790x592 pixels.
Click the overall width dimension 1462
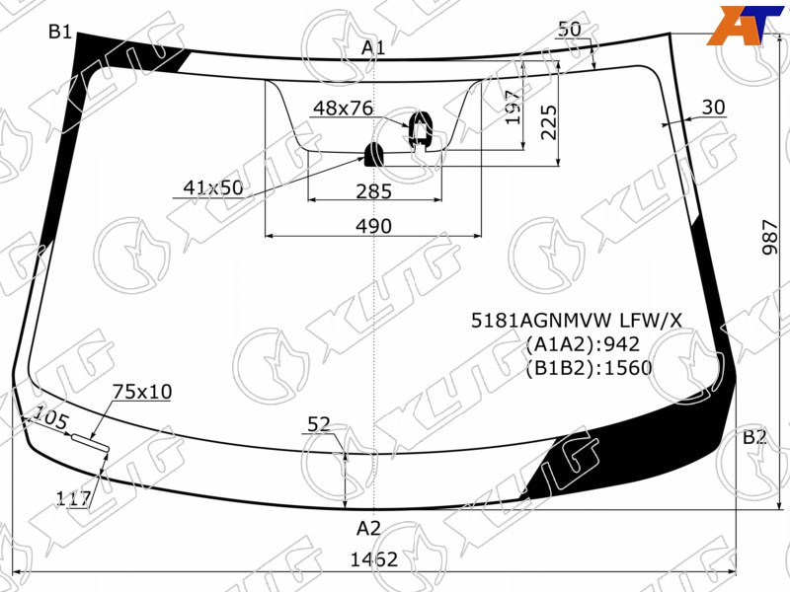[x=374, y=559]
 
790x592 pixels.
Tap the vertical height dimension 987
[x=770, y=237]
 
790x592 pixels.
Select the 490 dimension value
[x=373, y=226]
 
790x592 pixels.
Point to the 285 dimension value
[x=373, y=191]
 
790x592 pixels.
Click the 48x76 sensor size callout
[x=343, y=108]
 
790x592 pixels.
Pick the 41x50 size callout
[x=213, y=187]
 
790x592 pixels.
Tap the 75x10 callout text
[x=142, y=391]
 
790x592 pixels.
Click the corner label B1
[x=60, y=32]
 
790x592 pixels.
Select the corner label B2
[x=754, y=437]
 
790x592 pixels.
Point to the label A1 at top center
[x=373, y=47]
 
